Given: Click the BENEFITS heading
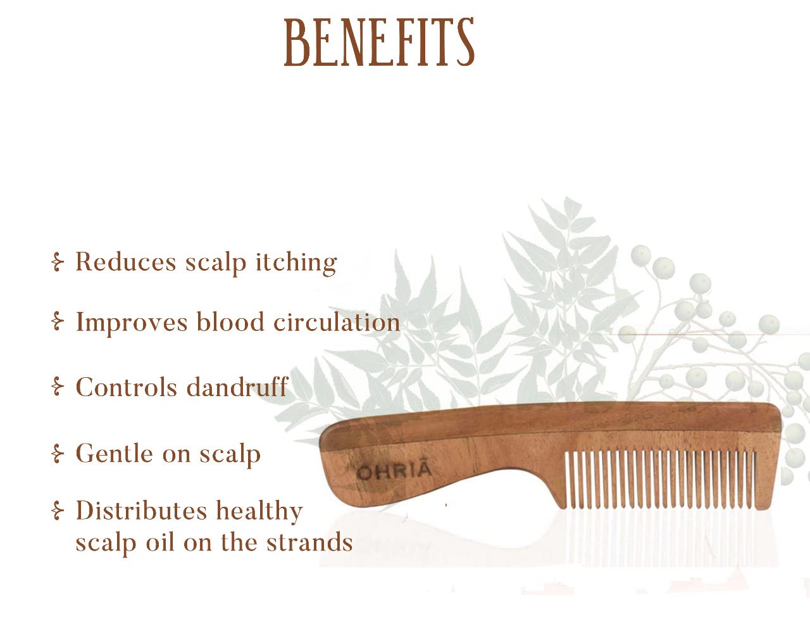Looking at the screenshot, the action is [378, 42].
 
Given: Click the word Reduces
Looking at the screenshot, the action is [126, 261].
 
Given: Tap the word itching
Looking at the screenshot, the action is [296, 264].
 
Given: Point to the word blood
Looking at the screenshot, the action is [230, 321].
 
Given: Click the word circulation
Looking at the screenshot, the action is [337, 321].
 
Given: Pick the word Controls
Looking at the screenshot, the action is [127, 387].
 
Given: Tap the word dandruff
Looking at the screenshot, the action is [237, 387].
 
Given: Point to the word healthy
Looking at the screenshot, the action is [259, 512].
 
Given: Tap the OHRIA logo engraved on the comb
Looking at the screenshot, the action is [394, 471].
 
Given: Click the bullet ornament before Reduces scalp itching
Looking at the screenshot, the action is [58, 262].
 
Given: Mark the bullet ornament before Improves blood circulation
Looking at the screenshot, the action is [58, 321].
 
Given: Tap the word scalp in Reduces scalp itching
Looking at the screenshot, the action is [216, 264].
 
